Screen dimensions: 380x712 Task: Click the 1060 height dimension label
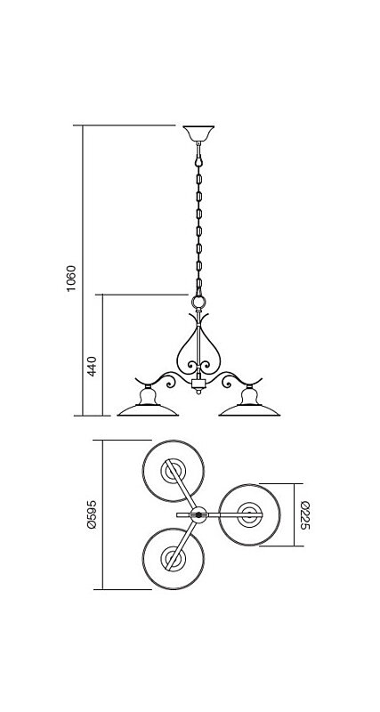72,279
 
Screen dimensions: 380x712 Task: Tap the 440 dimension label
93,366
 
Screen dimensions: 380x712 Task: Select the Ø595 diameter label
93,514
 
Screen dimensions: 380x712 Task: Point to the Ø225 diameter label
304,515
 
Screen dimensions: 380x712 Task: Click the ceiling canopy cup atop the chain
198,133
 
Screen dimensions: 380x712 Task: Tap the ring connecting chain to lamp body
198,302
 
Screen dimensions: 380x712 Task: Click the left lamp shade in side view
148,410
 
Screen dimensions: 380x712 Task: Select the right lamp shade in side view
249,410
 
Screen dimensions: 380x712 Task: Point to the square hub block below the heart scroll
198,384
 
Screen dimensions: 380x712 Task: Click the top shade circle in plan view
173,471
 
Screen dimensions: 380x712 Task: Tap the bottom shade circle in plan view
173,559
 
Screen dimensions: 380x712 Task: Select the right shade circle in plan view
249,515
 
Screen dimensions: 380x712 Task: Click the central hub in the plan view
198,515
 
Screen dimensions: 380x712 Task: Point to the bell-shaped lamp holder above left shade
148,396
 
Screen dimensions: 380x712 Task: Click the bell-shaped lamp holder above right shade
249,396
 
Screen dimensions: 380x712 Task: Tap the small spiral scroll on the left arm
170,383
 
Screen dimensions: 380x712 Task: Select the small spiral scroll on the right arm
227,383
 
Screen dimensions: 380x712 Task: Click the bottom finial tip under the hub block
198,393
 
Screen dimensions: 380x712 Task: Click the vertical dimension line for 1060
83,271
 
